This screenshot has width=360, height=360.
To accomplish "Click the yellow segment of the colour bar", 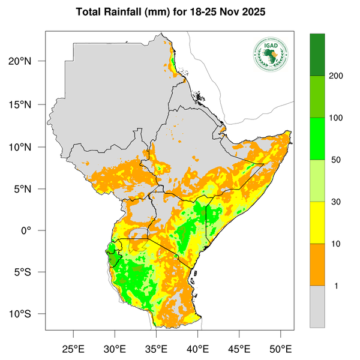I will pos(317,223).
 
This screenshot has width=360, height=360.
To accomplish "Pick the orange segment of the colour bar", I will pos(317,265).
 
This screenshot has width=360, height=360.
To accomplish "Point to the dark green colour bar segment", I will pos(317,55).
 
